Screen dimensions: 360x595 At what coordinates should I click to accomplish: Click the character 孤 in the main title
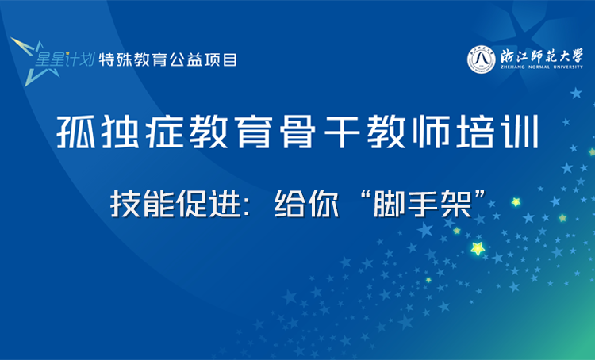point(76,133)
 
